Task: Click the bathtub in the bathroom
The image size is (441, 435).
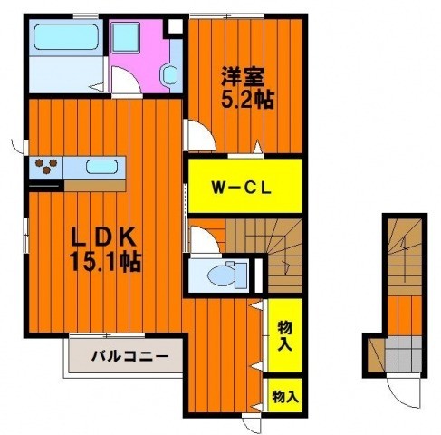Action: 66,37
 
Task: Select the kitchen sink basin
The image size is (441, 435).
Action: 101,167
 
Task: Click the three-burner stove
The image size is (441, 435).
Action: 46,166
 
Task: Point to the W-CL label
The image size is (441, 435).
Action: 242,188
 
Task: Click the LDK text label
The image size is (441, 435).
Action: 102,237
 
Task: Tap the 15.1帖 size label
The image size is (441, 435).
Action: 105,262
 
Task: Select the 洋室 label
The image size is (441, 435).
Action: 243,76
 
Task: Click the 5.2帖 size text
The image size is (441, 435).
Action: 247,99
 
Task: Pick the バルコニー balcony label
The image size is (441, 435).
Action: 129,356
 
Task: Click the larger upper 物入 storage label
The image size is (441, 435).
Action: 284,336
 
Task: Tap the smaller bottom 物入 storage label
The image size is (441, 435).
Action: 285,397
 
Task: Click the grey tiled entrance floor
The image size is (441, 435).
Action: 403,354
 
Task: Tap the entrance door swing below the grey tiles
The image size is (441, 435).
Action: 403,397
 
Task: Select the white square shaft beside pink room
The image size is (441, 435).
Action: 176,26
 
